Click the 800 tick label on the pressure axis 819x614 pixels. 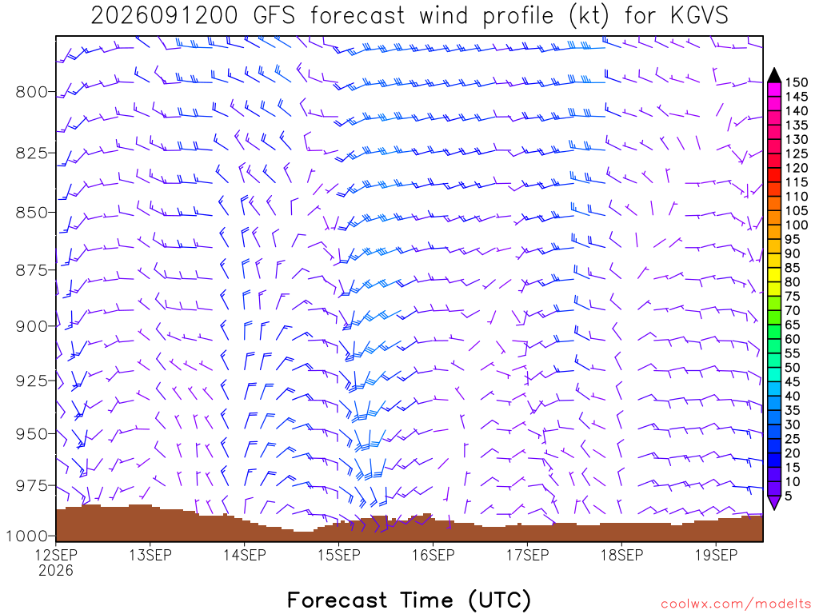coord(31,92)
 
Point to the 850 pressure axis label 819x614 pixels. coord(31,213)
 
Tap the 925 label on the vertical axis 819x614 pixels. coord(31,381)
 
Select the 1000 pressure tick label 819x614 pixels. coord(26,536)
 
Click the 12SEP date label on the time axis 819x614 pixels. coord(56,555)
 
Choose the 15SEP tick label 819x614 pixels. coord(339,555)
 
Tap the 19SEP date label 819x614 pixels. coord(716,555)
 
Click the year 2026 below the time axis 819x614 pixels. coord(56,570)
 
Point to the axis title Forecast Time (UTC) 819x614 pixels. coord(409,600)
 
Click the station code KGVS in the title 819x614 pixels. coord(699,16)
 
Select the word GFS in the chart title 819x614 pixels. coord(274,16)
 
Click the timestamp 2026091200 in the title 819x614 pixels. coord(165,16)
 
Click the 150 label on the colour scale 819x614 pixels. coord(797,82)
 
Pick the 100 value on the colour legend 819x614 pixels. coord(797,225)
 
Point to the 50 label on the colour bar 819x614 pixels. coord(793,368)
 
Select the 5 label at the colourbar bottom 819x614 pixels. coord(789,496)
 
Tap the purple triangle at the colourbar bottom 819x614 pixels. coord(774,502)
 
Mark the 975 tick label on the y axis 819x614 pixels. coord(31,486)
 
